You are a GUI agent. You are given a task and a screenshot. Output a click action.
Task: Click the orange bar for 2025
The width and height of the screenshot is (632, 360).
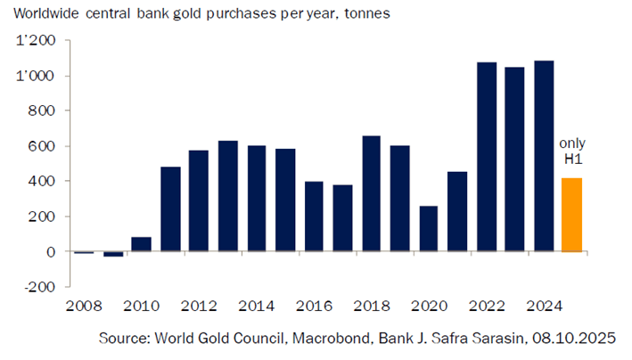pyautogui.click(x=571, y=215)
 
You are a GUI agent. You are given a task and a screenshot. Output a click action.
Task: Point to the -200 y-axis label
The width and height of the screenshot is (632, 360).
pyautogui.click(x=38, y=287)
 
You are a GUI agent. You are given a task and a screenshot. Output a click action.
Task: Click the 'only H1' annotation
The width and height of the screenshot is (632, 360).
pyautogui.click(x=571, y=151)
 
